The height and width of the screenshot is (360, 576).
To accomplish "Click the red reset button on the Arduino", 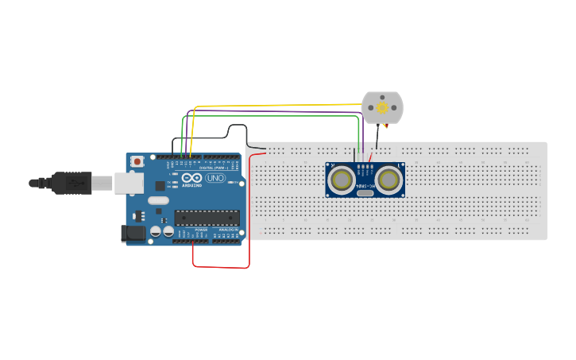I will tap(137, 161).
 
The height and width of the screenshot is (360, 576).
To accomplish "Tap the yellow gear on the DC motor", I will tap(382, 107).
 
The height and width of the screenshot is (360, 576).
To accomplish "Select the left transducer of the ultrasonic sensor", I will tap(342, 180).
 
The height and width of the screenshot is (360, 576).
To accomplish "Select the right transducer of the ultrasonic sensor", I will tap(389, 180).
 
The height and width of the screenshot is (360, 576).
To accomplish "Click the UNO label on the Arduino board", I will tap(215, 178).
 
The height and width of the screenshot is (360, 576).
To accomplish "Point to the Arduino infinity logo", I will tap(191, 178).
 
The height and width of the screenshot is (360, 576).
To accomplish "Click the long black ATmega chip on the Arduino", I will tap(207, 217).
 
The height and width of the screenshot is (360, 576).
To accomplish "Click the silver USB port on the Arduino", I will tap(127, 184).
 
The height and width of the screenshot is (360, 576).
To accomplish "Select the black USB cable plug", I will tap(72, 183).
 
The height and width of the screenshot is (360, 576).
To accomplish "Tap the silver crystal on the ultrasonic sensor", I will tap(365, 192).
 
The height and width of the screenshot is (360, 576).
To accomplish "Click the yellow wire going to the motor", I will tap(278, 104).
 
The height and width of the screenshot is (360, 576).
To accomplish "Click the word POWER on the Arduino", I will tap(201, 230).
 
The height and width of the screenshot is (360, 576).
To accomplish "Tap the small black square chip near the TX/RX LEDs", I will tap(160, 185).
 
